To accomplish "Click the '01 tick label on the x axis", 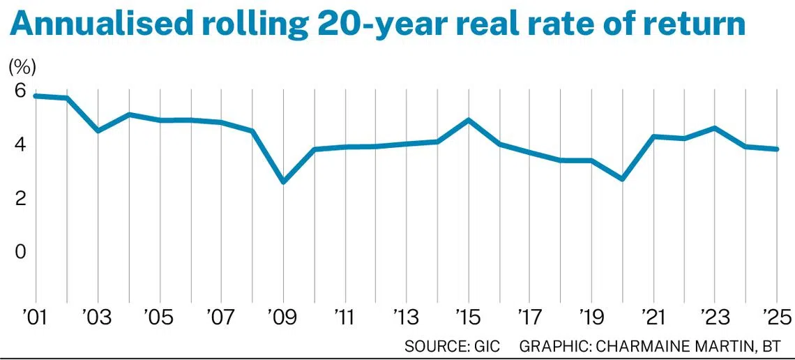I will coord(35,318).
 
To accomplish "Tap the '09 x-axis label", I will coord(282,318).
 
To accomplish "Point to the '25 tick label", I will coord(777,318).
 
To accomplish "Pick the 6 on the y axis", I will coord(20,91).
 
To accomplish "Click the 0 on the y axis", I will coord(20,251).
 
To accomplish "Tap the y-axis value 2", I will coord(20,198).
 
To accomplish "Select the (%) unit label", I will coord(22,67).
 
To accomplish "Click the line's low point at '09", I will coord(283,181).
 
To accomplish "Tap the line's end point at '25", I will coord(777,149).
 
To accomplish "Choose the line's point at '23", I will coord(715,128).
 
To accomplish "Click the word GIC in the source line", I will coord(486,347).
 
